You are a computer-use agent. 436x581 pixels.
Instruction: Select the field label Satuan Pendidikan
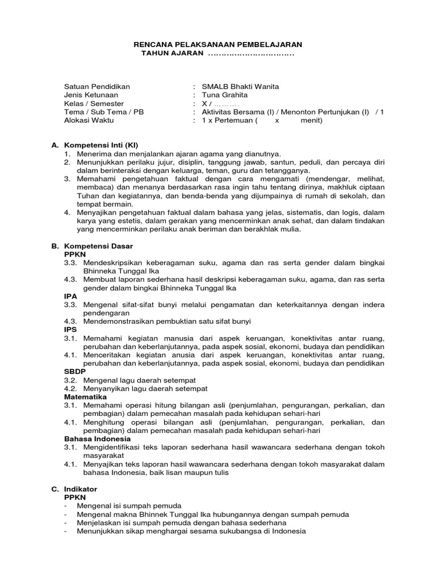point(97,86)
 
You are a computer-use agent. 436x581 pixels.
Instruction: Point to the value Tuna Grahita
point(225,95)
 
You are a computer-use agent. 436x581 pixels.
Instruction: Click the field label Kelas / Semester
point(94,103)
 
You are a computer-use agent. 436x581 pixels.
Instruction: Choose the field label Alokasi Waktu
point(89,120)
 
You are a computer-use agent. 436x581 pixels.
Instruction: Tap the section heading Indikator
point(82,489)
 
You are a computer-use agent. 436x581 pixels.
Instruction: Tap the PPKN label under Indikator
point(74,497)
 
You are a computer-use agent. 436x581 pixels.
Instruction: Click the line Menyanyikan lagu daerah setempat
point(145,389)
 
